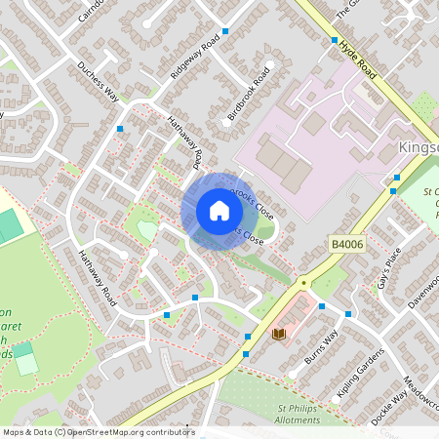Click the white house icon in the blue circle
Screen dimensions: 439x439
point(219,211)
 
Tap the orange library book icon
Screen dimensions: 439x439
point(278,335)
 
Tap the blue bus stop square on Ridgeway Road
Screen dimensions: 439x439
point(225,32)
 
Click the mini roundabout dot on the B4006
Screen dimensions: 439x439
point(304,282)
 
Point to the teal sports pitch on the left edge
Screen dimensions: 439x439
point(10,226)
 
